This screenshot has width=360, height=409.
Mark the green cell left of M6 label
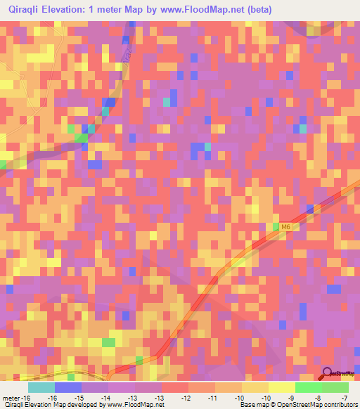tap(276, 226)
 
